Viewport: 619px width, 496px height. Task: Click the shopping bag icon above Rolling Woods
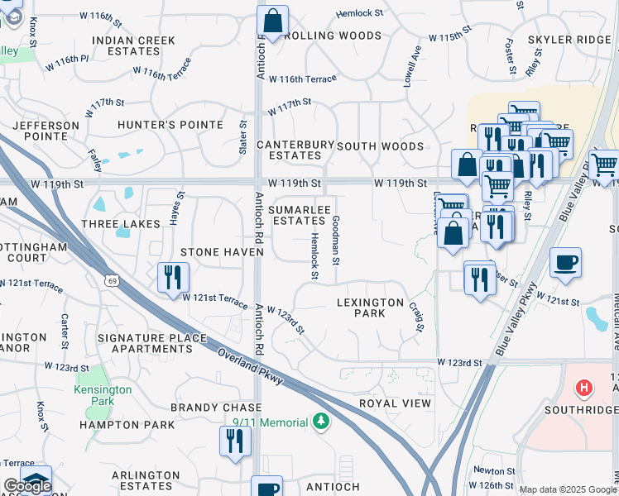[x=272, y=21]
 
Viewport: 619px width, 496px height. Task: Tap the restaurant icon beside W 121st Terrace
[x=173, y=277]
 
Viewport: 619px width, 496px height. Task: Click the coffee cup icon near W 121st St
[x=565, y=263]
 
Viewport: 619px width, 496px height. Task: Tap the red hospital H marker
[x=584, y=387]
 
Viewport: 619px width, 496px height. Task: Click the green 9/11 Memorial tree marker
[x=320, y=423]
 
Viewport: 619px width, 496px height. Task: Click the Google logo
[x=28, y=486]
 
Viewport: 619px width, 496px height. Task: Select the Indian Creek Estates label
[x=134, y=45]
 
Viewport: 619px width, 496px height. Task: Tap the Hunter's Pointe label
[x=170, y=125]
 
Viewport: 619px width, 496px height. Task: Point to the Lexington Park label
[x=371, y=308]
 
